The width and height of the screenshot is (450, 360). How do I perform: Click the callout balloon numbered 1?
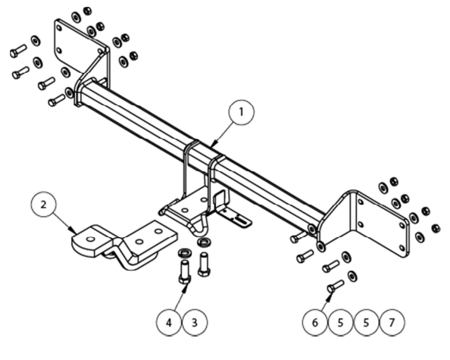pos(242,112)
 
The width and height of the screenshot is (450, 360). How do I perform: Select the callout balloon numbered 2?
pos(43,205)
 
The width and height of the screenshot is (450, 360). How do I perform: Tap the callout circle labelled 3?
pos(195,323)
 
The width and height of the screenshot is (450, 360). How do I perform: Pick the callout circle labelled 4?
pos(169,323)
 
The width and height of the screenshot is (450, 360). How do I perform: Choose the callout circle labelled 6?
pos(315,323)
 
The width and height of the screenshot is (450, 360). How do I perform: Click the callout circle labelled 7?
pos(392,323)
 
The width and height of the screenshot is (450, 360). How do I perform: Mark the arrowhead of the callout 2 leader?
pos(73,231)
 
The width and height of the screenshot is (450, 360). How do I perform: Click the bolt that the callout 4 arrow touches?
pos(185,271)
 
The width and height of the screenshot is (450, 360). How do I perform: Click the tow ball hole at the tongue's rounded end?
pos(90,239)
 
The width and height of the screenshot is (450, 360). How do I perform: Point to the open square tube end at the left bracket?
pos(90,83)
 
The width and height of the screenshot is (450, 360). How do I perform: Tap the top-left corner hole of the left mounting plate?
pos(59,28)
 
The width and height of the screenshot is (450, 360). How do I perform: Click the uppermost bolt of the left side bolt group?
pos(18,51)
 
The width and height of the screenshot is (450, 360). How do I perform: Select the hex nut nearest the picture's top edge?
pos(87,11)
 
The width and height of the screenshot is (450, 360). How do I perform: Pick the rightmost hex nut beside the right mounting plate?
pos(436,229)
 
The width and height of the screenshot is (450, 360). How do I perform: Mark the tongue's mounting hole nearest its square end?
pos(158,231)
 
